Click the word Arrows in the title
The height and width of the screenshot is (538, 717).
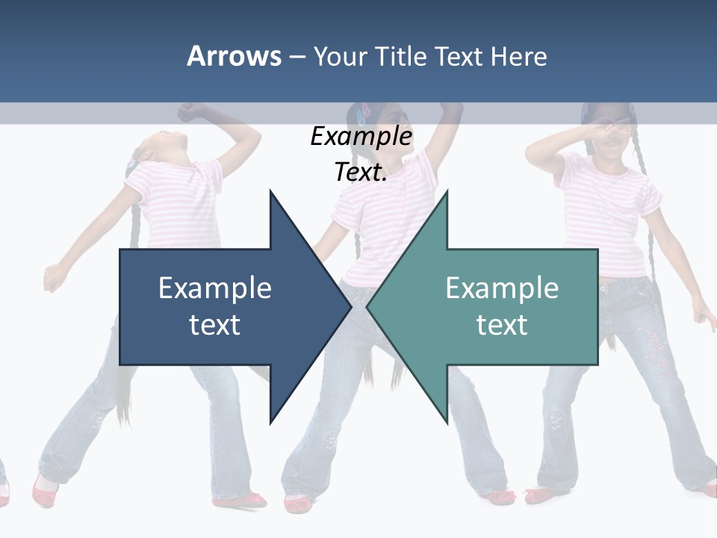[x=234, y=56]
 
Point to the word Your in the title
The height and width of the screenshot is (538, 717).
[x=339, y=56]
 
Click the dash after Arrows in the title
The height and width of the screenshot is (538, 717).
[x=297, y=57]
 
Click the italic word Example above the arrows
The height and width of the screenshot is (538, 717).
[x=361, y=137]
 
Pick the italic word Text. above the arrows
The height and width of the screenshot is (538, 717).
[x=361, y=173]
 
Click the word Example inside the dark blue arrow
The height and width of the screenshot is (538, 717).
[x=215, y=288]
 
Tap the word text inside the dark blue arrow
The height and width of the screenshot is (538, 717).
[x=215, y=324]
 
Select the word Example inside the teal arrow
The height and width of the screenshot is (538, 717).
[x=502, y=288]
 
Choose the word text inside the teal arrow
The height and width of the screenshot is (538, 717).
[x=502, y=324]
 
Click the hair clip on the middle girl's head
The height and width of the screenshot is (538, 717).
[x=364, y=114]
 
